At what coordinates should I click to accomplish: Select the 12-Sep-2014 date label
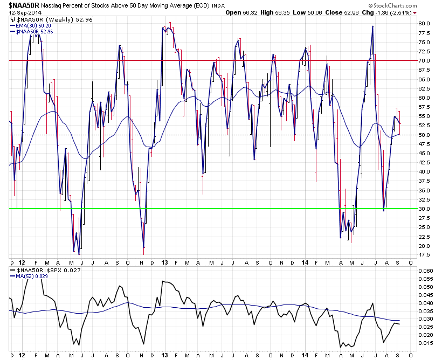click(23, 12)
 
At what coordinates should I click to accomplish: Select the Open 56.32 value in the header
click(241, 12)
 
